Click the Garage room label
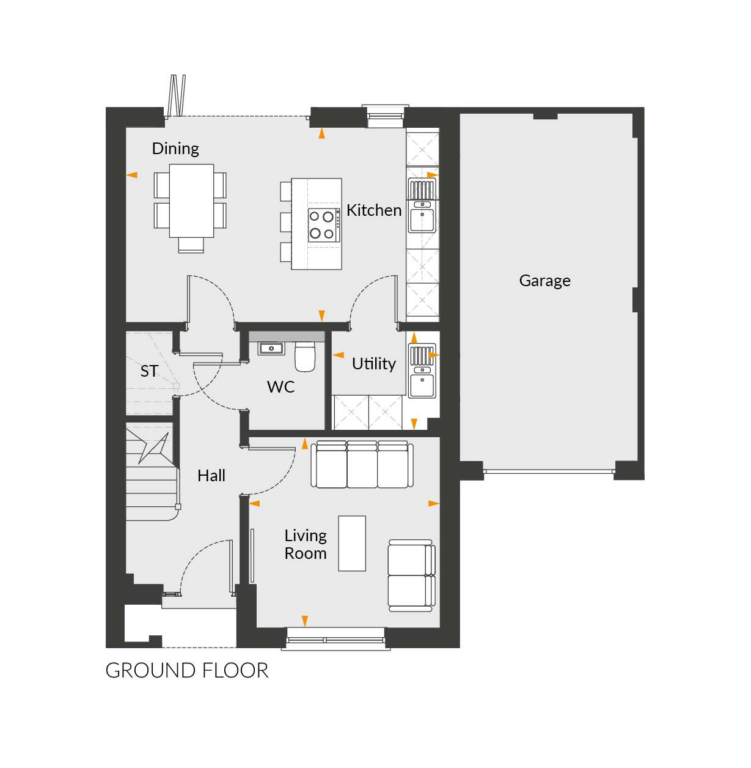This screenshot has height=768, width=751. [x=544, y=281]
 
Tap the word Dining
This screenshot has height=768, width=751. [x=175, y=149]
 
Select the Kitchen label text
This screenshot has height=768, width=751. [x=374, y=210]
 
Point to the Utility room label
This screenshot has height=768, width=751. [x=373, y=364]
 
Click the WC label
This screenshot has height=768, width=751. [x=281, y=387]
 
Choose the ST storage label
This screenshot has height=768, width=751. [x=149, y=371]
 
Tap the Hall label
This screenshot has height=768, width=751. [x=211, y=476]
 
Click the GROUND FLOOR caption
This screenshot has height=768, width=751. [x=187, y=670]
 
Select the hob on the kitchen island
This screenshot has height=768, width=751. [x=324, y=225]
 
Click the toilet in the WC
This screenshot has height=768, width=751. [x=306, y=356]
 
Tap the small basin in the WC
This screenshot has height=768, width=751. [x=271, y=349]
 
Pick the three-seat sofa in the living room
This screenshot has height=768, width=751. [x=362, y=464]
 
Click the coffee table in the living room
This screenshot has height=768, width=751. [x=352, y=543]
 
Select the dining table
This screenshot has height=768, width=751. [x=191, y=201]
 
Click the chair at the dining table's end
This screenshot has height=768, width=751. [x=191, y=245]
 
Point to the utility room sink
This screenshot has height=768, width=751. [x=422, y=371]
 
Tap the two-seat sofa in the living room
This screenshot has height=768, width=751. [x=411, y=575]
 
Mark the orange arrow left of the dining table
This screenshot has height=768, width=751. [x=132, y=175]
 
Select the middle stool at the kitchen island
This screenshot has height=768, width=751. [x=286, y=222]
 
